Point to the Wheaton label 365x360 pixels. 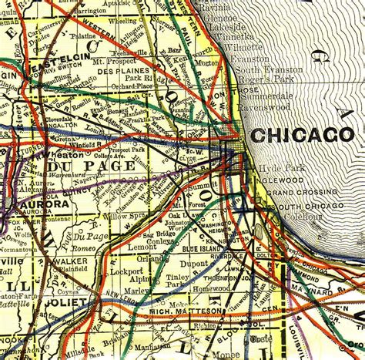[x=23, y=154]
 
